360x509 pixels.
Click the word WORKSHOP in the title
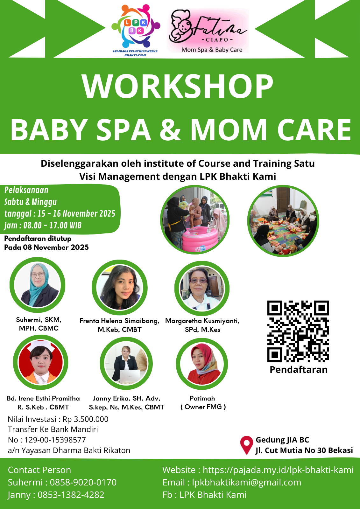click(178, 87)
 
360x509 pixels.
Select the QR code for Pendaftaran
click(298, 331)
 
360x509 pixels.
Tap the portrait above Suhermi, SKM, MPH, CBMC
click(37, 285)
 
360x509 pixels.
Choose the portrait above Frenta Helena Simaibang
click(120, 287)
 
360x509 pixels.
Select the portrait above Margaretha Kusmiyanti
click(202, 288)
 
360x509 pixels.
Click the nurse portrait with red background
click(40, 362)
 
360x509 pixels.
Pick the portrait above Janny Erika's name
click(126, 363)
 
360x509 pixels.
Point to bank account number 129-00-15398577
click(55, 440)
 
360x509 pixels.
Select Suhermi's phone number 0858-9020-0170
click(83, 482)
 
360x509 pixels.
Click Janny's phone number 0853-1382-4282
click(71, 494)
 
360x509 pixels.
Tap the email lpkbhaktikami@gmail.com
click(246, 482)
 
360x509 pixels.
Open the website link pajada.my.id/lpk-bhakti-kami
click(278, 470)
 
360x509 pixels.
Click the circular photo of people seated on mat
click(283, 221)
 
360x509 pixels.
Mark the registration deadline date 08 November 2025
click(56, 247)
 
